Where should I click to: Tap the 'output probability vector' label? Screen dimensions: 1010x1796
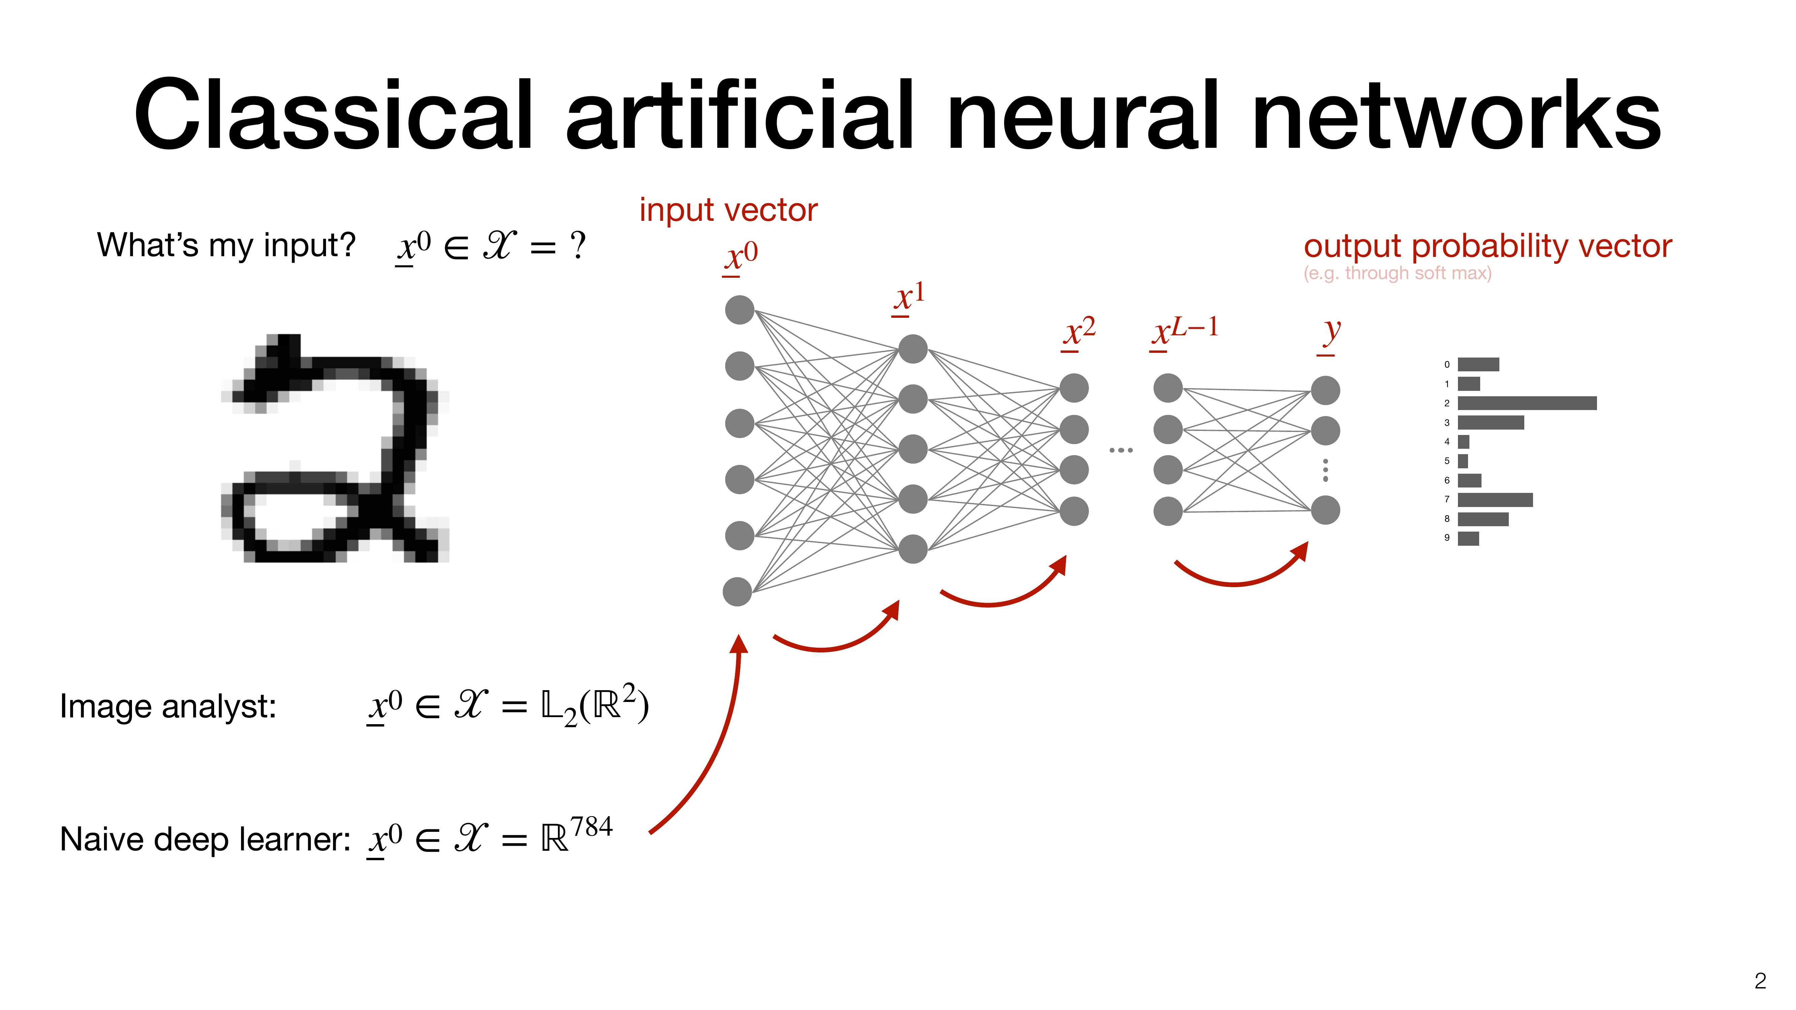[1487, 246]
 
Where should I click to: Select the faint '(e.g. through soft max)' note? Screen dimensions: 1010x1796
[1397, 273]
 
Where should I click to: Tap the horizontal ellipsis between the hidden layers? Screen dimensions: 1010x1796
[1121, 450]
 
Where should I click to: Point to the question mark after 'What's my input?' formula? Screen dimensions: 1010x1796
[577, 246]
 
